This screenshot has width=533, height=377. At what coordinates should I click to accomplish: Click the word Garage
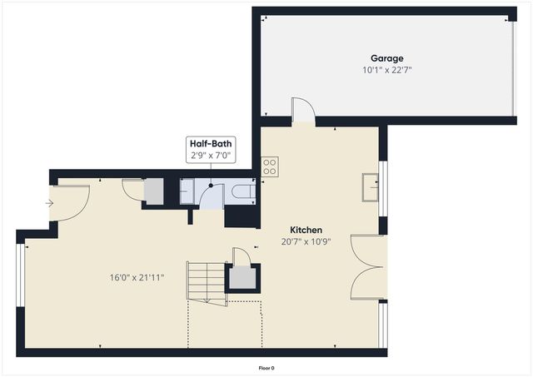(x=387, y=58)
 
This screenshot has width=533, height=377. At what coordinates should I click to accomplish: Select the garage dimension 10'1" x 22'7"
(x=387, y=70)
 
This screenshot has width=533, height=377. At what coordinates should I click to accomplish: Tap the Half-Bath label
(x=211, y=144)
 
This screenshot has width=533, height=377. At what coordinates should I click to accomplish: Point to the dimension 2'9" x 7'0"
(x=211, y=156)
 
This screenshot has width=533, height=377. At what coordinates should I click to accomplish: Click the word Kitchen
(x=306, y=230)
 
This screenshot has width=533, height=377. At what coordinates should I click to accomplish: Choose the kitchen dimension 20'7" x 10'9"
(x=306, y=242)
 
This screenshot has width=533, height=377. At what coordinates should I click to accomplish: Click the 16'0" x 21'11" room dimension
(x=137, y=277)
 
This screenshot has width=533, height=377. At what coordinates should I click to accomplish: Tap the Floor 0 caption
(x=266, y=368)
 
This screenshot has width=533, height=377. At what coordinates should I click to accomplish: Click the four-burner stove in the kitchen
(x=270, y=166)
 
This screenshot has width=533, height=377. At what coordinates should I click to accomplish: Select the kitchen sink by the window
(x=371, y=186)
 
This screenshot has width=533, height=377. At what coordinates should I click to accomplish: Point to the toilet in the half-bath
(x=242, y=192)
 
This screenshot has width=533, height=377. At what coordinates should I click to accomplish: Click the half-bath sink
(x=187, y=192)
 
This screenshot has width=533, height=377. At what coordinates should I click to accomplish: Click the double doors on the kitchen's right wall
(x=367, y=267)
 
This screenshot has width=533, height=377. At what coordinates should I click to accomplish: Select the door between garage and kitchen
(x=303, y=111)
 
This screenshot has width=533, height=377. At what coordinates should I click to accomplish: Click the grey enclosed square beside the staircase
(x=243, y=278)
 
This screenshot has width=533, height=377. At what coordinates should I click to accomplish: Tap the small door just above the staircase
(x=241, y=255)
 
